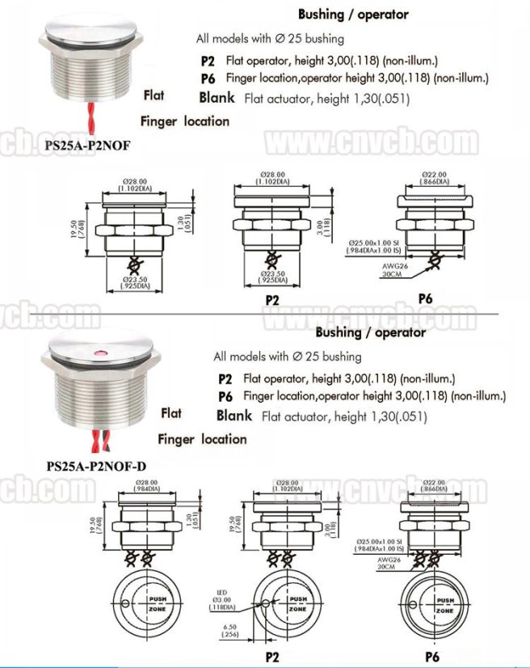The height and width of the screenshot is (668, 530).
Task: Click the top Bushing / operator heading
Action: (353, 14)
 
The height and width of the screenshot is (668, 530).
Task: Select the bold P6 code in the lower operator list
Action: (225, 396)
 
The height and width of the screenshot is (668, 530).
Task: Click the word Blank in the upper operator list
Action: (217, 98)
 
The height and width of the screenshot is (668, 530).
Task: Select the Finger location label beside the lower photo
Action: (202, 439)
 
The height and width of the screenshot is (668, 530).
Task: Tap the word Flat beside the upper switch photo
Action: (154, 95)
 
